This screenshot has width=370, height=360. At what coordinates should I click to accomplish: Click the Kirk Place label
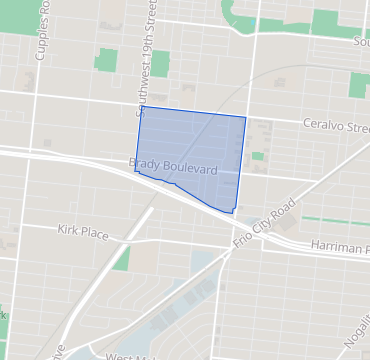point(83,231)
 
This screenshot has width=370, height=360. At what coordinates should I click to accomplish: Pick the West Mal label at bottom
point(130,356)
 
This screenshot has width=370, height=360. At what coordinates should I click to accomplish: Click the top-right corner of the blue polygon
point(245,117)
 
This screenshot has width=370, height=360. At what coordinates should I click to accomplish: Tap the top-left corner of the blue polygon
point(138,107)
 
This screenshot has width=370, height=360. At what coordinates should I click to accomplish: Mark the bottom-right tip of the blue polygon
point(234,212)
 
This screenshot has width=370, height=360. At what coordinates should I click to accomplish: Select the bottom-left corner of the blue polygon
point(136,173)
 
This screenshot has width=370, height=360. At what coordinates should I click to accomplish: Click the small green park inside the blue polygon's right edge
point(257,156)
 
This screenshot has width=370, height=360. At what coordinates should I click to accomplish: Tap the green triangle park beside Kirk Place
point(122,260)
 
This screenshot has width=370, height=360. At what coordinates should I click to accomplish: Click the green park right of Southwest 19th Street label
point(160,62)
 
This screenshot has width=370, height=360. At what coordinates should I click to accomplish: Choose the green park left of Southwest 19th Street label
point(106,59)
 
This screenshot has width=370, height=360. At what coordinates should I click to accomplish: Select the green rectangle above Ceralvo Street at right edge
point(359,84)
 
